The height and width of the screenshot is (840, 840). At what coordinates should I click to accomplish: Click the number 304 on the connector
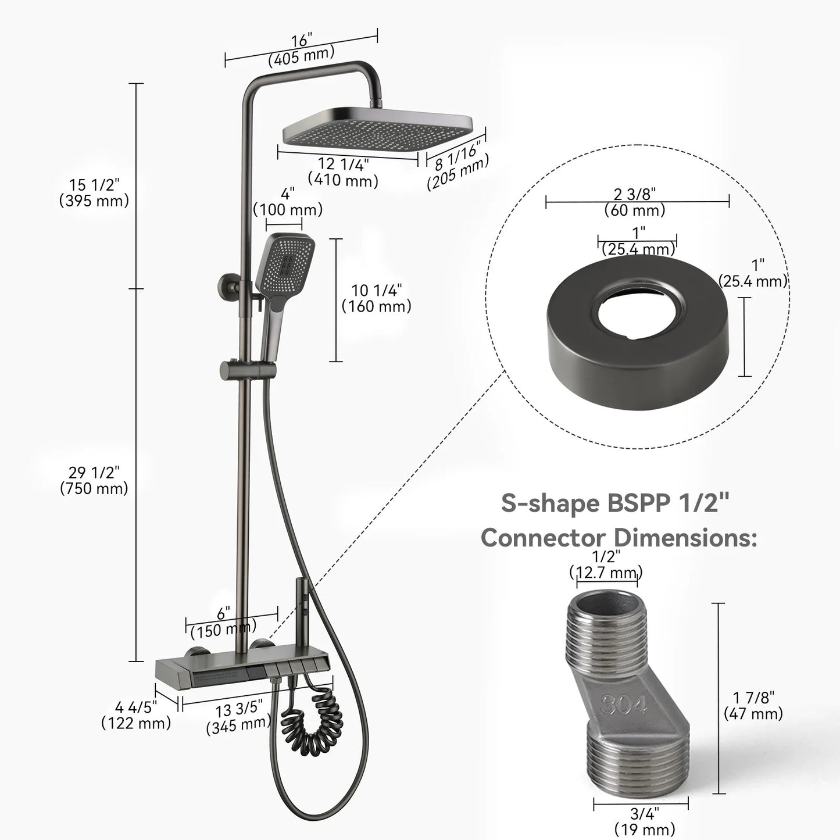pyautogui.click(x=623, y=705)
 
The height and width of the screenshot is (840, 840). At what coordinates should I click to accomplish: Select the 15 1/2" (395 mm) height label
pyautogui.click(x=94, y=193)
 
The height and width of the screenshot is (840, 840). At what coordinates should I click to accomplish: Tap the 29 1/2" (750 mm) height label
pyautogui.click(x=94, y=481)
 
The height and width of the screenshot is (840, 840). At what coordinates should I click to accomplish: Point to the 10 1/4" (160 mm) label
pyautogui.click(x=376, y=298)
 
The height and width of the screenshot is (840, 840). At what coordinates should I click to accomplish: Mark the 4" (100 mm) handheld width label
pyautogui.click(x=288, y=202)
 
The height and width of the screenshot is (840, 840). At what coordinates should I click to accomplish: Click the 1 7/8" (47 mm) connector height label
pyautogui.click(x=753, y=705)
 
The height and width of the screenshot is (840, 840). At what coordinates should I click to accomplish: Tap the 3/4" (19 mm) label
pyautogui.click(x=644, y=820)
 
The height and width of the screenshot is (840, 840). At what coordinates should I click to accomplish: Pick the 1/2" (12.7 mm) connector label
pyautogui.click(x=606, y=564)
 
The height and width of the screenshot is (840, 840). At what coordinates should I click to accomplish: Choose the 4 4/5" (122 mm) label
pyautogui.click(x=136, y=716)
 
